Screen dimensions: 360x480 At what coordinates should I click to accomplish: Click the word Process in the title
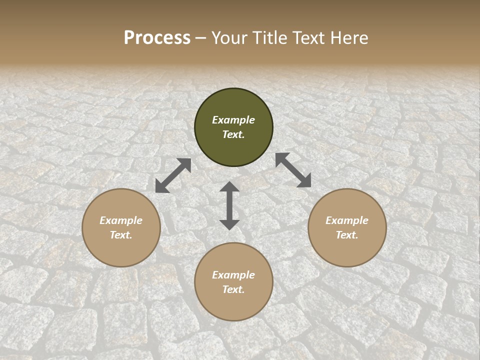tap(157, 38)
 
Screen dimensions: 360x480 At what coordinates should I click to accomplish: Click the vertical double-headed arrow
tap(229, 205)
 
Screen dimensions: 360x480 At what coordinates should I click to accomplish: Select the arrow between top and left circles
tap(173, 175)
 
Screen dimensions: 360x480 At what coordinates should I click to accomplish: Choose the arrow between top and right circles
tap(293, 170)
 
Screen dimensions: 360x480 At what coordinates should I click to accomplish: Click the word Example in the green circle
tap(233, 120)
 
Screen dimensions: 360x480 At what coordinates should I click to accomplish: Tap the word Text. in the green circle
tap(233, 134)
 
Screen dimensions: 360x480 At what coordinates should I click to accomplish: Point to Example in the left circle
tap(121, 220)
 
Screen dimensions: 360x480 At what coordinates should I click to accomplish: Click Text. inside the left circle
tap(121, 235)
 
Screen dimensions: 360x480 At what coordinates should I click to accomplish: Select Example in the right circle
tap(347, 220)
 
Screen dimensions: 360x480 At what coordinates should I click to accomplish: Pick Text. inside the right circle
tap(347, 235)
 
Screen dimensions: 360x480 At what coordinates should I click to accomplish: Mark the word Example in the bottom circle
tap(233, 275)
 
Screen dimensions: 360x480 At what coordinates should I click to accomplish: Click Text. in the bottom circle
tap(233, 289)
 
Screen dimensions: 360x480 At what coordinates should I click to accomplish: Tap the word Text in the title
tap(307, 38)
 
